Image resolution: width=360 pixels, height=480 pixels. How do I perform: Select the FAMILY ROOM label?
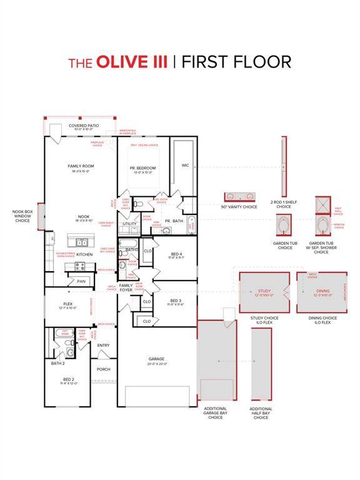tap(80, 166)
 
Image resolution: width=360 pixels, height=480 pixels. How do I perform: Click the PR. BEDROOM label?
tap(142, 168)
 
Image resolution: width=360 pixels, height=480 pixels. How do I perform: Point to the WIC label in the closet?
tap(185, 166)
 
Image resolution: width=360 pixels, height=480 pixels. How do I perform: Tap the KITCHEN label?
tap(84, 254)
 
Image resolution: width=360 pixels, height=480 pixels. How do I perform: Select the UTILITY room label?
tap(129, 223)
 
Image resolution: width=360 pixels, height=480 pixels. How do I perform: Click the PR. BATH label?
tap(173, 221)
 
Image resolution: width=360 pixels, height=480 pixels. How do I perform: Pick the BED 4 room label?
tap(176, 254)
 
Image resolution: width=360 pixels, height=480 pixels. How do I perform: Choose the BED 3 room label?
tap(176, 301)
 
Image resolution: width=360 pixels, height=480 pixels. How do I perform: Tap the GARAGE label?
tap(156, 359)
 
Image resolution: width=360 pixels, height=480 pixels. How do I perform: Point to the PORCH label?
tap(103, 369)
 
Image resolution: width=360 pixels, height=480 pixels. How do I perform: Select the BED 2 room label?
tap(68, 379)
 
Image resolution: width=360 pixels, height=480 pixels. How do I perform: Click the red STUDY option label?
tap(264, 291)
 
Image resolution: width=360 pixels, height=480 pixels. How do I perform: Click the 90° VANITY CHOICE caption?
tap(239, 207)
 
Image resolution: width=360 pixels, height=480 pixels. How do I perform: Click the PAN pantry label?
tap(81, 281)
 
